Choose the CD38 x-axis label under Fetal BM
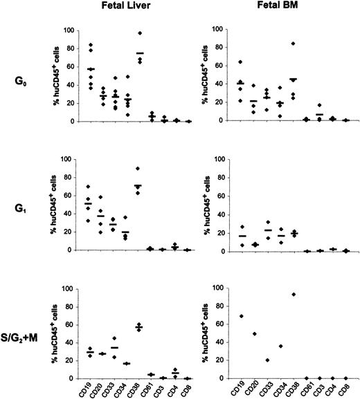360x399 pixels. click(x=295, y=389)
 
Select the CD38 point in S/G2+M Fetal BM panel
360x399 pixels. click(x=295, y=294)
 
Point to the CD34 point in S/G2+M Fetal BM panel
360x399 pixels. click(x=281, y=346)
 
